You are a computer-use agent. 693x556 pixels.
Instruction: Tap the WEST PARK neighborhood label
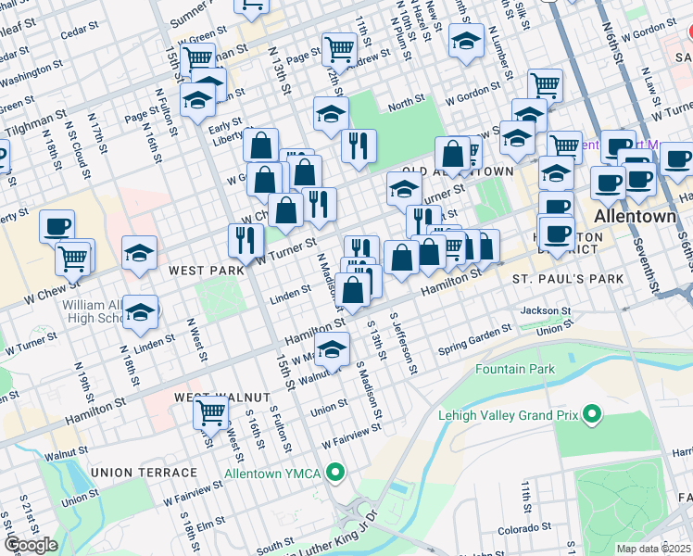[206, 271]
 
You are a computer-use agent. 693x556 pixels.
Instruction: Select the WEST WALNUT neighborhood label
[211, 397]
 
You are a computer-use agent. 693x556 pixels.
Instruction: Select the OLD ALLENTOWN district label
[457, 172]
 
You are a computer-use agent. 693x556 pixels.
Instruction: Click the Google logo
[31, 545]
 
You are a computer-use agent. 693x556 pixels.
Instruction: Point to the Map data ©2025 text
[653, 549]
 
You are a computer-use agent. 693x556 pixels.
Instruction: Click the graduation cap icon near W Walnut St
[332, 349]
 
